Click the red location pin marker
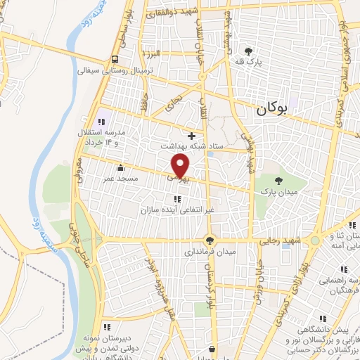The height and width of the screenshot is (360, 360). pos(181,166)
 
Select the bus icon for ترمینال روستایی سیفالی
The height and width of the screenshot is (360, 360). pos(114,60)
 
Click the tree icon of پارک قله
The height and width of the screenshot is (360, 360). pos(248,51)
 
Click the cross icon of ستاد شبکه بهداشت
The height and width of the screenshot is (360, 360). pos(191,135)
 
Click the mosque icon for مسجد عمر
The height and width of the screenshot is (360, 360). pos(121,168)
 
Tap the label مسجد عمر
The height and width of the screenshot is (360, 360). pos(121,179)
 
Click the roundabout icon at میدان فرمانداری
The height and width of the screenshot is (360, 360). pos(209,240)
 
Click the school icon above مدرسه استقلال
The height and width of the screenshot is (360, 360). pos(101,122)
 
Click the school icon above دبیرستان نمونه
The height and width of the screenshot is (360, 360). pos(107,327)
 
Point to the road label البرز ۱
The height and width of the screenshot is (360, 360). pos(150,53)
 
